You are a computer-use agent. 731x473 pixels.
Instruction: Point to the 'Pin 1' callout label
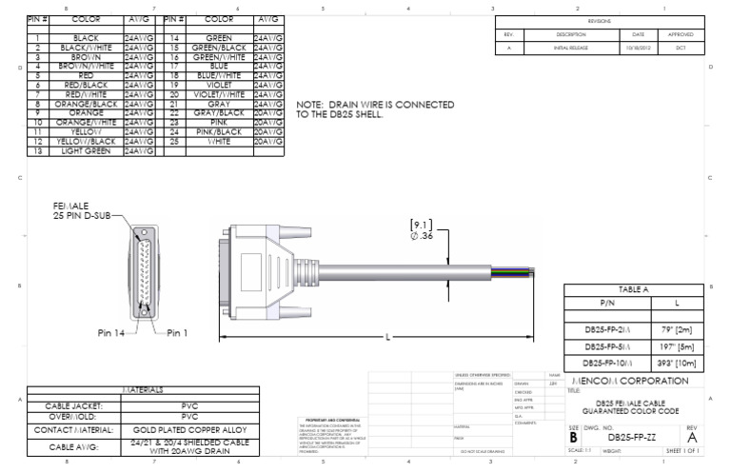[x=178, y=333]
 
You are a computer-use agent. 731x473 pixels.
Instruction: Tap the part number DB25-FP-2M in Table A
[x=605, y=328]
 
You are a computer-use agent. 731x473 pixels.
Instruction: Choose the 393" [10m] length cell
[x=680, y=363]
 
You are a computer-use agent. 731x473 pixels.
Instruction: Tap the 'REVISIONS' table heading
[x=600, y=20]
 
